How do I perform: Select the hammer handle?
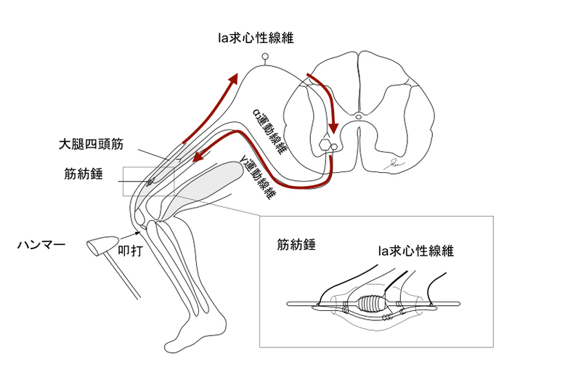click(123, 279)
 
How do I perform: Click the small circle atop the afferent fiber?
click(265, 57)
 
